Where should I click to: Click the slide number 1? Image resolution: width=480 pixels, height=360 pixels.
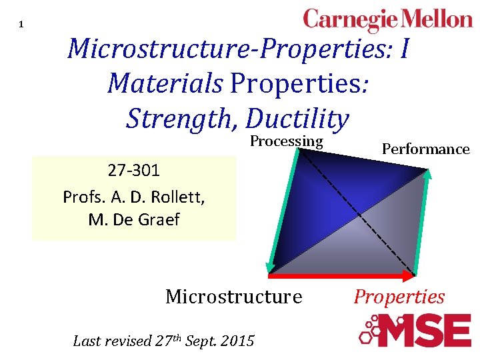[x=21, y=25]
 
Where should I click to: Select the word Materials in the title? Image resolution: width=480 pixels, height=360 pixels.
[x=165, y=83]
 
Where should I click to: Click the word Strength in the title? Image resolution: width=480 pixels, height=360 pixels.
[x=181, y=119]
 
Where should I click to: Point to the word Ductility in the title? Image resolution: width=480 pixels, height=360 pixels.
[x=297, y=119]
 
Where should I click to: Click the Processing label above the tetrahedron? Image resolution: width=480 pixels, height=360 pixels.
[x=286, y=141]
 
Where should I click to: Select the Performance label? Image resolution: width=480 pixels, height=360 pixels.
[x=425, y=149]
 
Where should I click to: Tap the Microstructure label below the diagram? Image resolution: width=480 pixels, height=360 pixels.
[x=233, y=296]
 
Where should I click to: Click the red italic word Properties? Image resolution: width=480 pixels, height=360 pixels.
[x=399, y=297]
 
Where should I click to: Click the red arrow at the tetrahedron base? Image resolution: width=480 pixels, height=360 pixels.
[x=341, y=274]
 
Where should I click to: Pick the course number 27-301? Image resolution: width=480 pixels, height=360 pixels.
[x=134, y=171]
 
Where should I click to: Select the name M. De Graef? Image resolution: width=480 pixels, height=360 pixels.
[x=134, y=220]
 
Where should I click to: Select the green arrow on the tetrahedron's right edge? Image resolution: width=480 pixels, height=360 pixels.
[x=422, y=220]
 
